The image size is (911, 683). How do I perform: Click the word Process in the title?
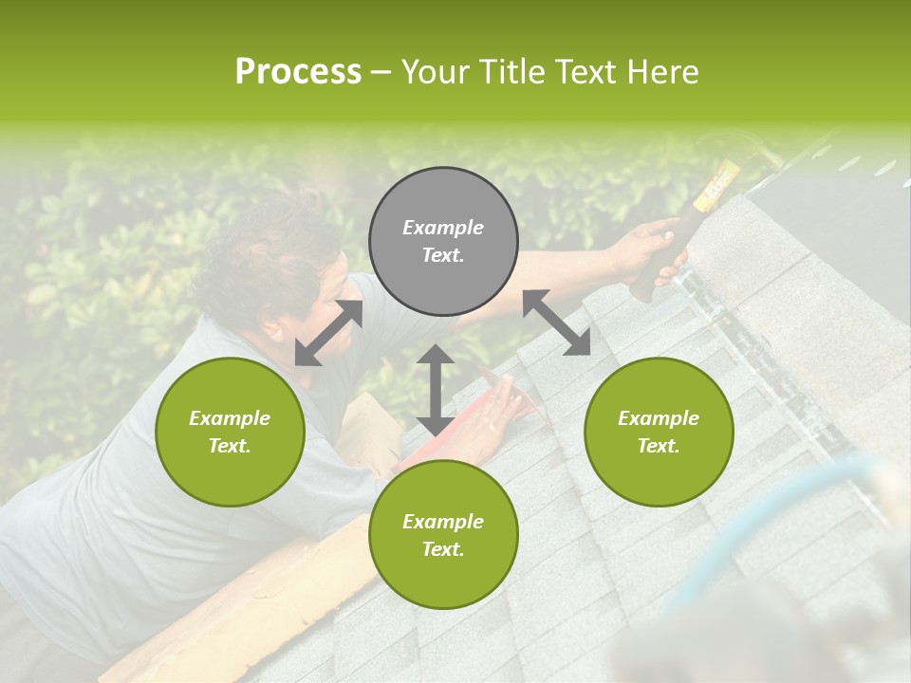point(298,72)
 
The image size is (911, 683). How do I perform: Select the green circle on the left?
point(230,432)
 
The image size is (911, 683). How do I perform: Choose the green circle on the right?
point(659,432)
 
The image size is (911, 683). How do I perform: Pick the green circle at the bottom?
point(443,535)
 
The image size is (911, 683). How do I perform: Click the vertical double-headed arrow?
point(436,390)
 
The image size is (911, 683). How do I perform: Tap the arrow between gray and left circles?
point(328,333)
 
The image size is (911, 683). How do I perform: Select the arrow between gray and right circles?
point(556,323)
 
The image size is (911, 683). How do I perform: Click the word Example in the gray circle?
point(443,228)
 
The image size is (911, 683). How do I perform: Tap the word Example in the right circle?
point(659,418)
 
